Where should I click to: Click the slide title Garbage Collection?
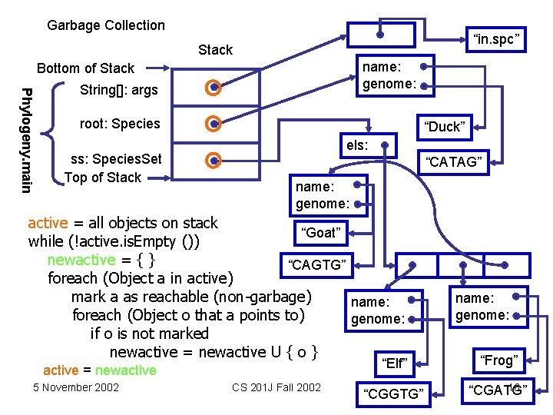point(106,25)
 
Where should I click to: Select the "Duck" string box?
point(445,127)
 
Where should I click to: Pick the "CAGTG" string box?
point(317,266)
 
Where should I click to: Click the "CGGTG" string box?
point(394,393)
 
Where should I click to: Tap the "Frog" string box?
point(498,360)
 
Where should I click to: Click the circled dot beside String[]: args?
point(214,88)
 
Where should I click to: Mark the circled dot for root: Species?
point(214,124)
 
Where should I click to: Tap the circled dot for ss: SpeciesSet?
point(214,161)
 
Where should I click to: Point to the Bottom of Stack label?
point(85,68)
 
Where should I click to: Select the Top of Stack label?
point(103,178)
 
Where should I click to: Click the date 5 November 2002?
point(76,387)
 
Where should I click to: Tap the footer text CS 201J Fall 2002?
point(276,387)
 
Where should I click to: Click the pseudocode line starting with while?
point(115,241)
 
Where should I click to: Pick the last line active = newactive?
point(99,370)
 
